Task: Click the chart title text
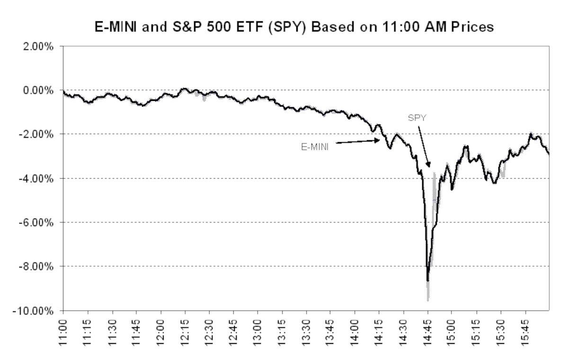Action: click(x=284, y=27)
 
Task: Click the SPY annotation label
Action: click(x=417, y=117)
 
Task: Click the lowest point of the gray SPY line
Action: click(x=428, y=300)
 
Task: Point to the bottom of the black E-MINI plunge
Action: click(x=427, y=280)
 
